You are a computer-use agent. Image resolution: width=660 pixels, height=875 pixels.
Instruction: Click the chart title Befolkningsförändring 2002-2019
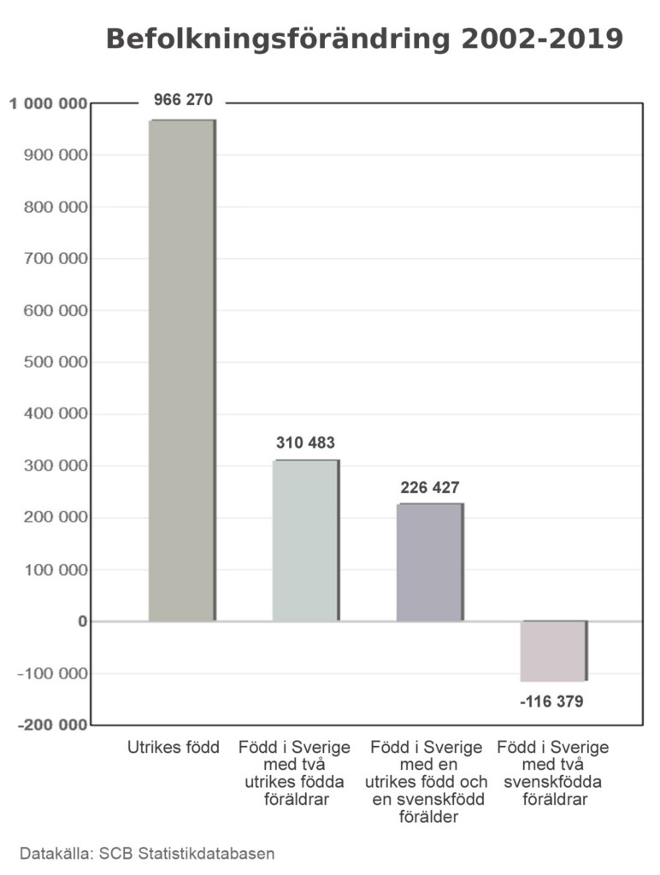click(363, 39)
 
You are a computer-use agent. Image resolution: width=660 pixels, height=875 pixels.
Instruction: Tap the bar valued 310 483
click(305, 540)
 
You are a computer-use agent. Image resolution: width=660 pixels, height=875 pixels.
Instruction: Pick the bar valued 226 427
click(429, 561)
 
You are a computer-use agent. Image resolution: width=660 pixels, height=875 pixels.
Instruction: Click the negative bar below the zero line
click(554, 651)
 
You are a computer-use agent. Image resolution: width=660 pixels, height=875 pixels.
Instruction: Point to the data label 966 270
click(183, 100)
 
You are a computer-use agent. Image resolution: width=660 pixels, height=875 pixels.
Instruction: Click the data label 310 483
click(305, 443)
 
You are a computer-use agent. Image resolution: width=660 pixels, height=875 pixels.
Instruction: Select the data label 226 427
click(429, 488)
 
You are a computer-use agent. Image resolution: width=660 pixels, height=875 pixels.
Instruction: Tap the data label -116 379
click(551, 702)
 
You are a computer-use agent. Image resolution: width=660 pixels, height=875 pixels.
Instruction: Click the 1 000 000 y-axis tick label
click(49, 104)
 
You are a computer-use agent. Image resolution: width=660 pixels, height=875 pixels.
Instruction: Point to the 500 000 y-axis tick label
click(54, 362)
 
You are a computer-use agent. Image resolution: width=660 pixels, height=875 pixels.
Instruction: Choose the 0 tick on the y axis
click(83, 621)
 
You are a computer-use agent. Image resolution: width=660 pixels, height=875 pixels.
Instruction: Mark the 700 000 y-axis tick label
click(54, 259)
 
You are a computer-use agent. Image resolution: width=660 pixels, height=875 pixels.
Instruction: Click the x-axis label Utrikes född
click(174, 748)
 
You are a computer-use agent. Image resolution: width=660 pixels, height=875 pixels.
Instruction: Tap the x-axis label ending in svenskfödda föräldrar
click(553, 773)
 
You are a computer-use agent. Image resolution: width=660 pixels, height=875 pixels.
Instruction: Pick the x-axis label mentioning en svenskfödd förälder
click(427, 782)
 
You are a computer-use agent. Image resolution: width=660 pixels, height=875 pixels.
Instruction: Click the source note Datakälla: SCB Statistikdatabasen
click(147, 853)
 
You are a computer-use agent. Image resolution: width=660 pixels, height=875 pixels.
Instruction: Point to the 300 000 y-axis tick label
click(54, 467)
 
